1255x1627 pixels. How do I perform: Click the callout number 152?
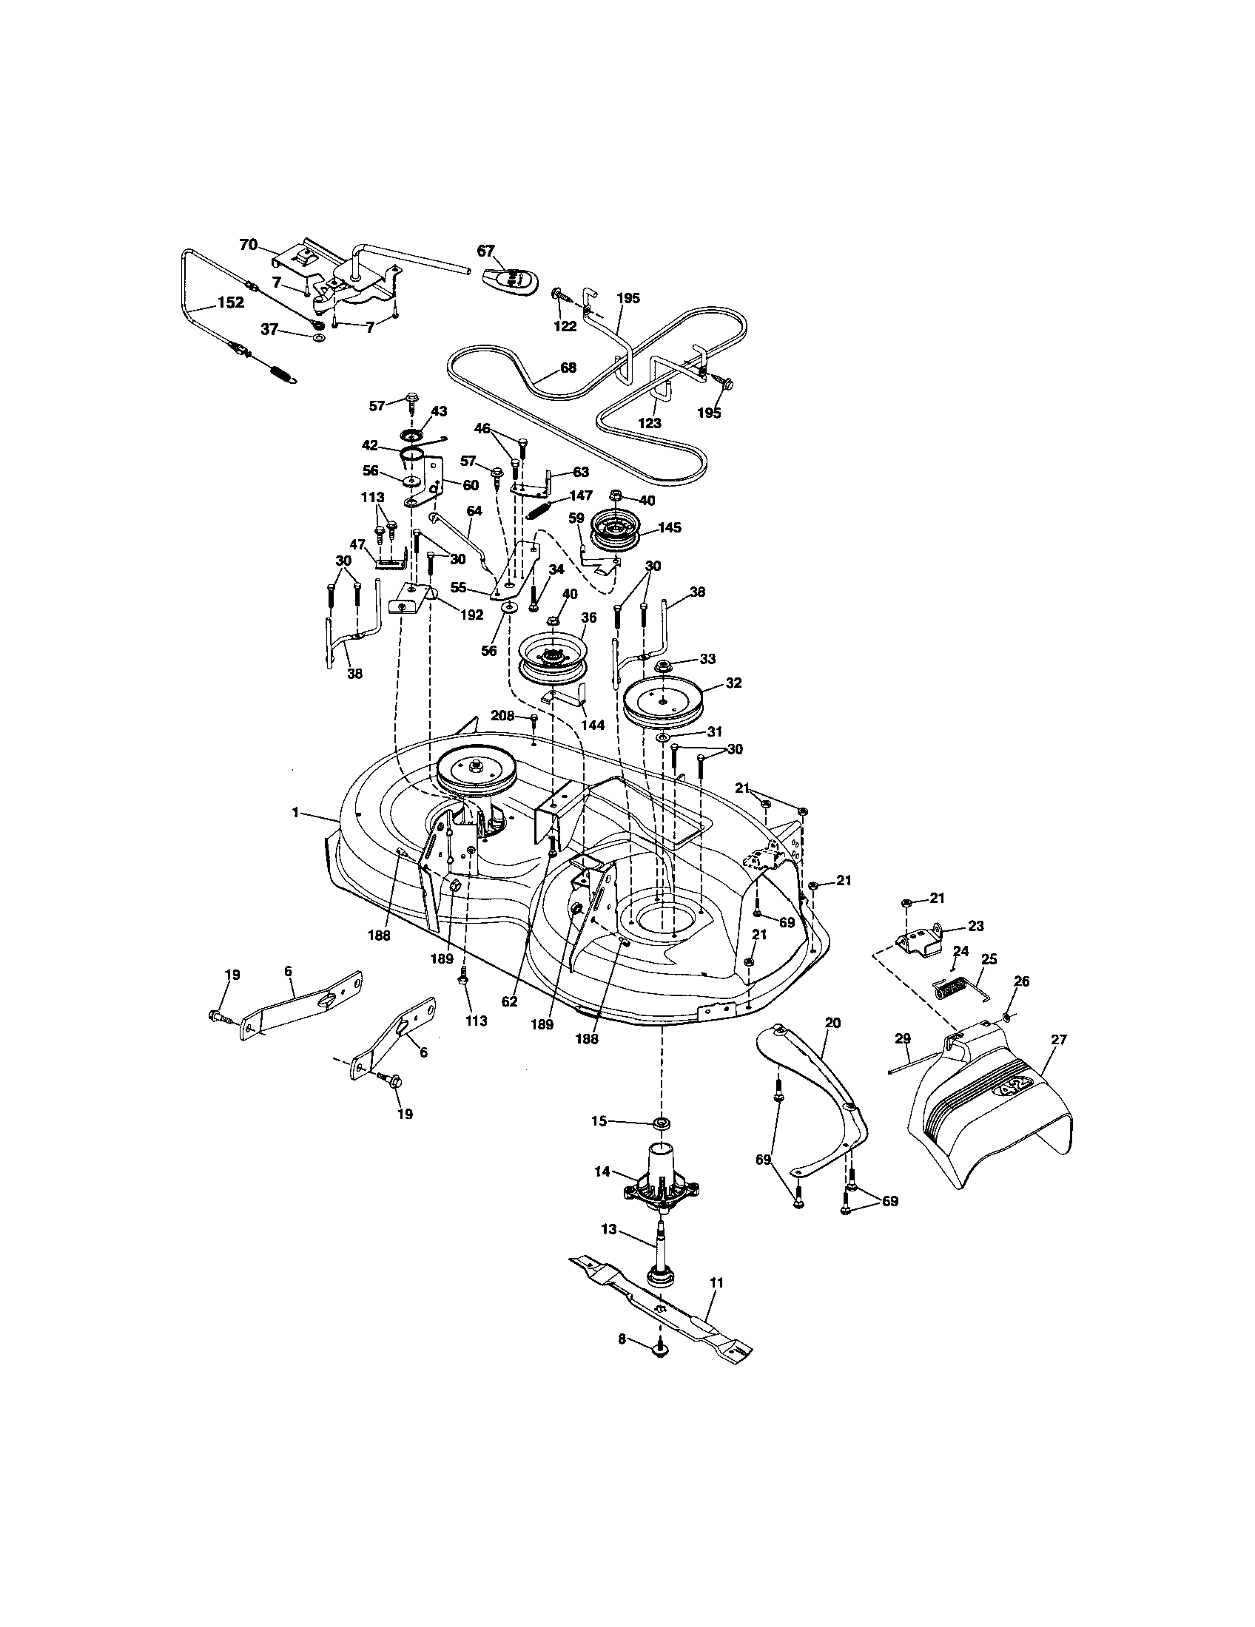pos(229,302)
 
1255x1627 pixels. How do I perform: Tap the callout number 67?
pos(485,251)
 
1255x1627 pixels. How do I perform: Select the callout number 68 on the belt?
pos(568,368)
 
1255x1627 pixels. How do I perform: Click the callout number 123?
pos(650,422)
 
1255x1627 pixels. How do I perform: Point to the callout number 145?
pos(670,527)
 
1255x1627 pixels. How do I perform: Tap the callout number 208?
pos(502,716)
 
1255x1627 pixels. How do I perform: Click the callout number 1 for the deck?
pos(296,813)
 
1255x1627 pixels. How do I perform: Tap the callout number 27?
pos(1058,1041)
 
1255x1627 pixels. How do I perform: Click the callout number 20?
pos(832,1023)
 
